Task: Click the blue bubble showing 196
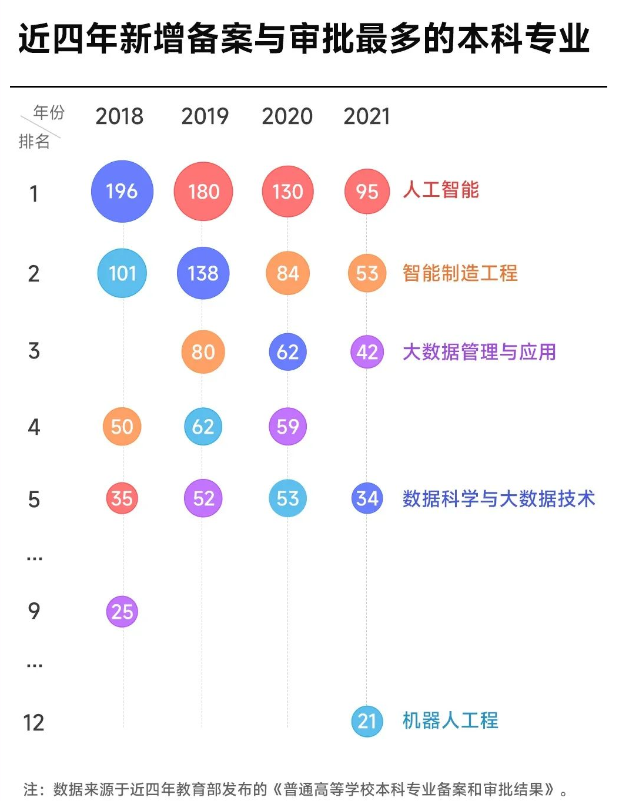(x=122, y=192)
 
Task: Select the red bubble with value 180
(x=203, y=192)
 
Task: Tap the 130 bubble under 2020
(x=287, y=192)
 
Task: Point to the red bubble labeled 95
(x=367, y=192)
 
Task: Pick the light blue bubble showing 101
(x=122, y=273)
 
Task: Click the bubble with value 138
(x=203, y=273)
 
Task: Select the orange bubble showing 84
(x=287, y=273)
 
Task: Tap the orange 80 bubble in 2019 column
(x=203, y=352)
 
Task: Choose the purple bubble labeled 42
(x=367, y=352)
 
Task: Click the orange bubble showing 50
(x=122, y=427)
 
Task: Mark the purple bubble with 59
(x=287, y=427)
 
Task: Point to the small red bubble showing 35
(x=122, y=498)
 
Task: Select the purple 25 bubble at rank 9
(x=122, y=612)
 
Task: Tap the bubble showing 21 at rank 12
(x=367, y=721)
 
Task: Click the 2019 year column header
(x=205, y=116)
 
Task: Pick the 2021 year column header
(x=367, y=116)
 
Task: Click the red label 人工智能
(x=441, y=190)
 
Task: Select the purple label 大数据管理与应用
(x=479, y=352)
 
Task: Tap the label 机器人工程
(x=450, y=720)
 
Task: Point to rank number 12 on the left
(x=34, y=723)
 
